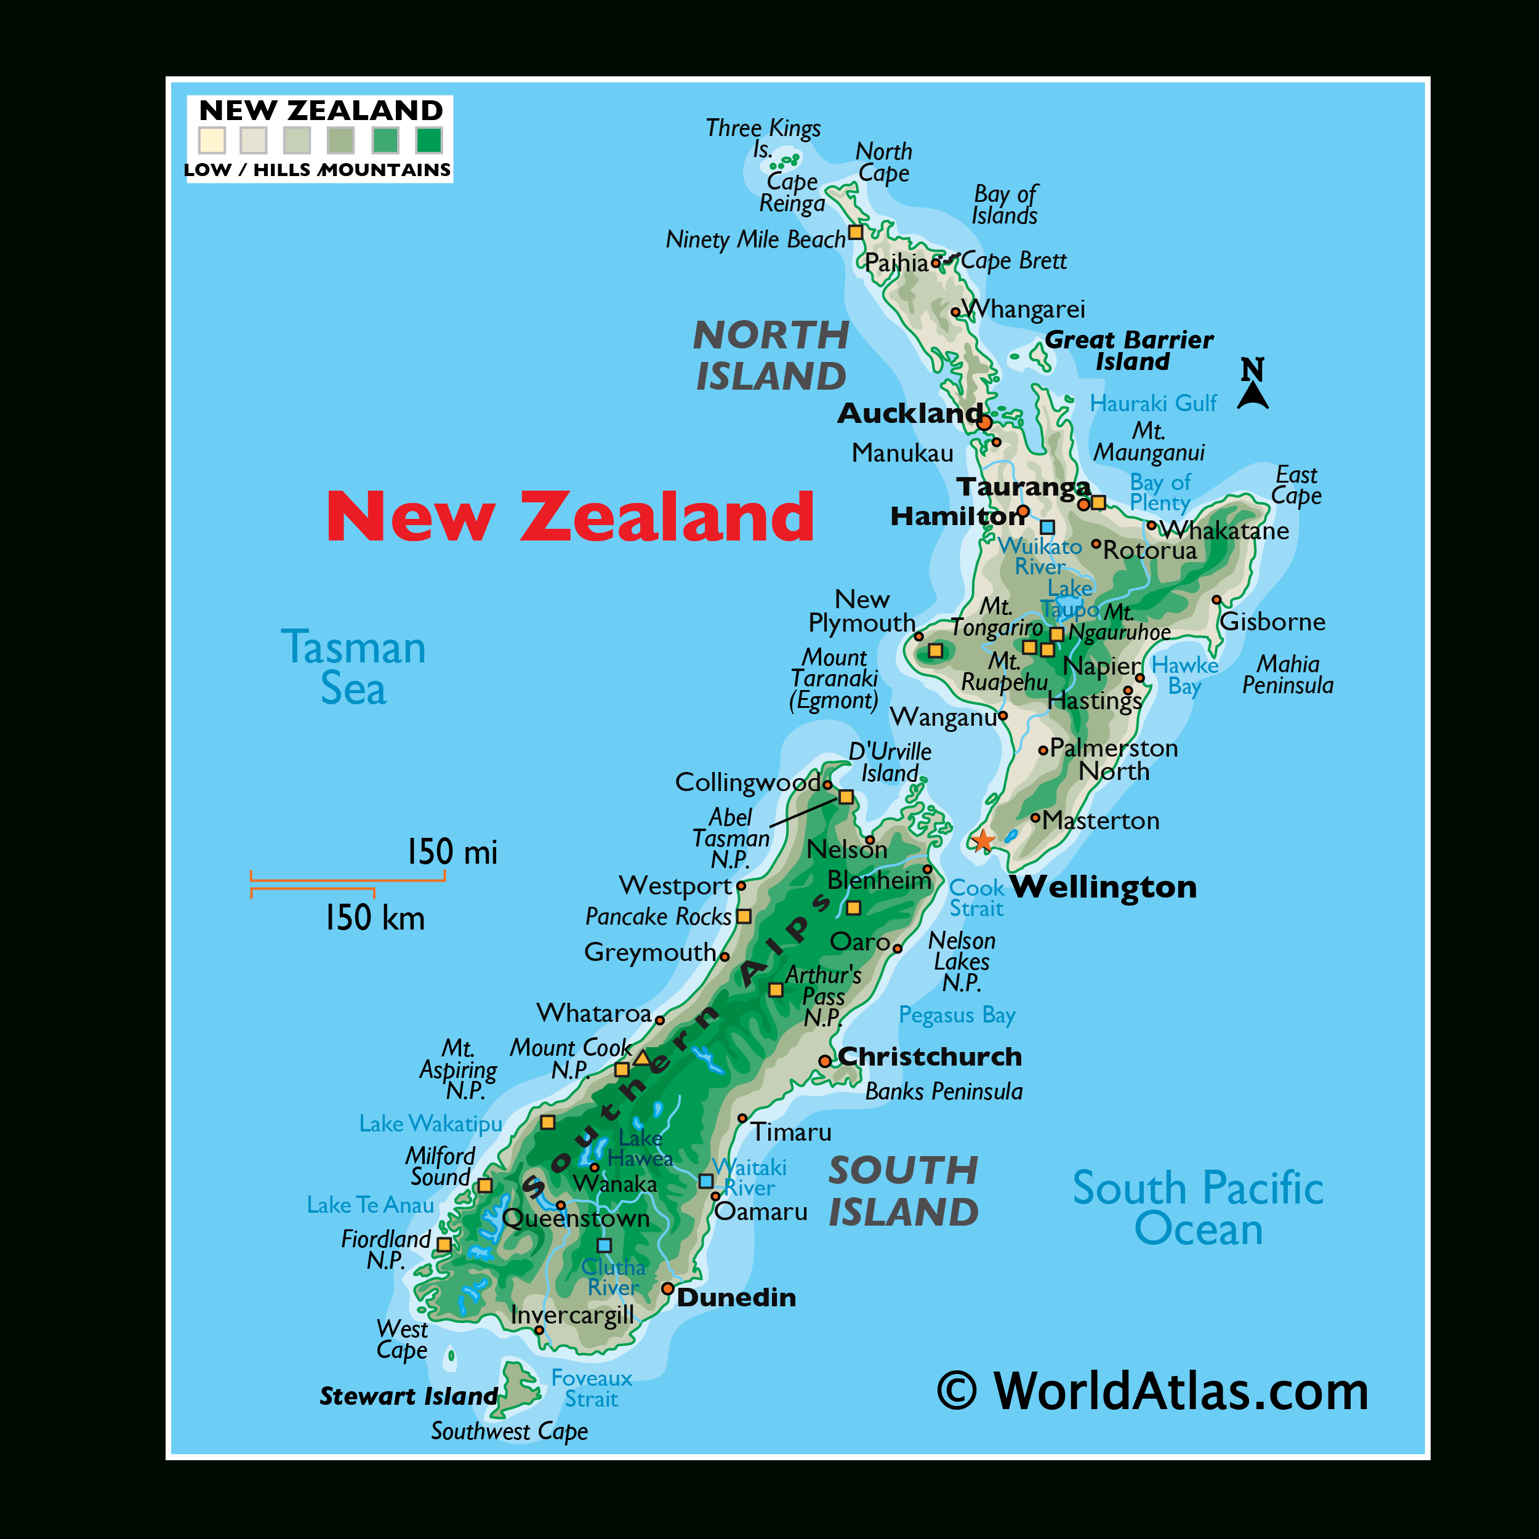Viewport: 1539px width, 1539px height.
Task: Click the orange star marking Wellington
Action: [983, 840]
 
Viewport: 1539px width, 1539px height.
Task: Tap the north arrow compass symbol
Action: [1252, 384]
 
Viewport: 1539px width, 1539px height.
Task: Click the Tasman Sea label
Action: [353, 667]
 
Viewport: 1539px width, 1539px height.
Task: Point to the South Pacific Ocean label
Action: [1197, 1208]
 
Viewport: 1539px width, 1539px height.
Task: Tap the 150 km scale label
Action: [374, 918]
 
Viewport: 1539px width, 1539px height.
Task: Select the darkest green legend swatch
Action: [429, 140]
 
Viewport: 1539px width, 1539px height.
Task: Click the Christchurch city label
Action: [929, 1056]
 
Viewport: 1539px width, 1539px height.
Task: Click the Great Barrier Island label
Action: [1129, 350]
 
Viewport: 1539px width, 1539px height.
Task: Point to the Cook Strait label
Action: [976, 898]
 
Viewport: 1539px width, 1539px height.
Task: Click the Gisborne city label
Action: [1272, 621]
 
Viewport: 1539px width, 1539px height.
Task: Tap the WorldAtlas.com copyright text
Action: [1152, 1392]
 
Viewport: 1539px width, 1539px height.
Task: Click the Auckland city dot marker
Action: [984, 422]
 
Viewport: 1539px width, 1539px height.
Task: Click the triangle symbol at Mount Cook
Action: [642, 1058]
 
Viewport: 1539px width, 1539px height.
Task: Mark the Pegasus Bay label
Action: [957, 1015]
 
